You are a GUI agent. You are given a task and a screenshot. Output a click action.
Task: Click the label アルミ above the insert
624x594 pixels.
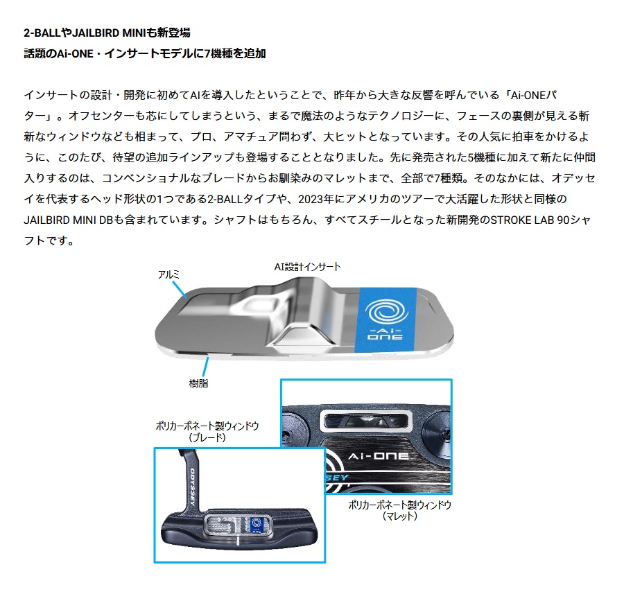[169, 275]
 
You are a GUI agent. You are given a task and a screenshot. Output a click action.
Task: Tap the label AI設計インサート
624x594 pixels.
[308, 266]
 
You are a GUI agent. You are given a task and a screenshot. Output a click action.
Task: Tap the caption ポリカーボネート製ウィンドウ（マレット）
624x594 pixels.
[399, 511]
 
